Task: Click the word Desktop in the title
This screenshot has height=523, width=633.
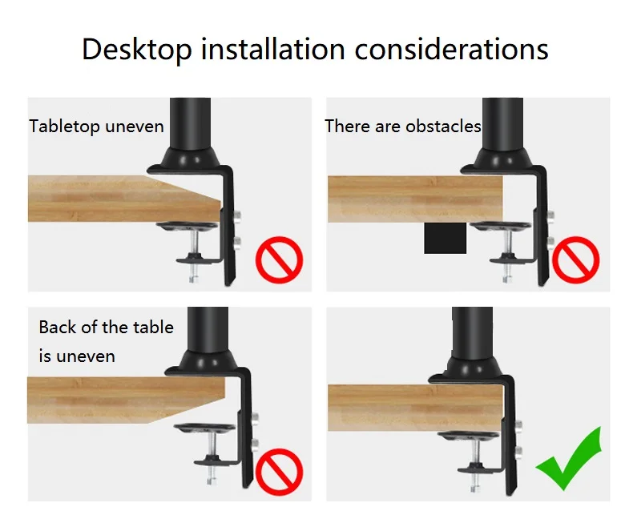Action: (137, 49)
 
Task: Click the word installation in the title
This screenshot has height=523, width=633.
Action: (273, 49)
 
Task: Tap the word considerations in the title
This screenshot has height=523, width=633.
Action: (451, 49)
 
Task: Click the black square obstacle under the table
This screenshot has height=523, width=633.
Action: (446, 238)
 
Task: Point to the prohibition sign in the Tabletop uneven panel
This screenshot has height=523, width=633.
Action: (280, 259)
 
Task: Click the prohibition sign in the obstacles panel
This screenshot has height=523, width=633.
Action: (575, 259)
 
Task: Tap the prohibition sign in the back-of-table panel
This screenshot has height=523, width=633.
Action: (280, 472)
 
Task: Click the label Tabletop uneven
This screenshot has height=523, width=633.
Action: (96, 127)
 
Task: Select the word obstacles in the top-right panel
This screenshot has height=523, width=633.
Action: (443, 127)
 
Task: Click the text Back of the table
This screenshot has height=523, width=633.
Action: (107, 327)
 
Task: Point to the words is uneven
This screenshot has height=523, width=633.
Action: (77, 356)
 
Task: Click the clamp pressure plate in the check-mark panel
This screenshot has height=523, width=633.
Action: (469, 437)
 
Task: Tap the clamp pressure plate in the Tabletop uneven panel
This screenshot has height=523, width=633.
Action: (188, 227)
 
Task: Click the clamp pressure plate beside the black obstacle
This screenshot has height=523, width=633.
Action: (501, 227)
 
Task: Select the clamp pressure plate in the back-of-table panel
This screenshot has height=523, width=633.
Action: (204, 428)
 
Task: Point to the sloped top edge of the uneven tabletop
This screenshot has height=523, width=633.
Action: (183, 187)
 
